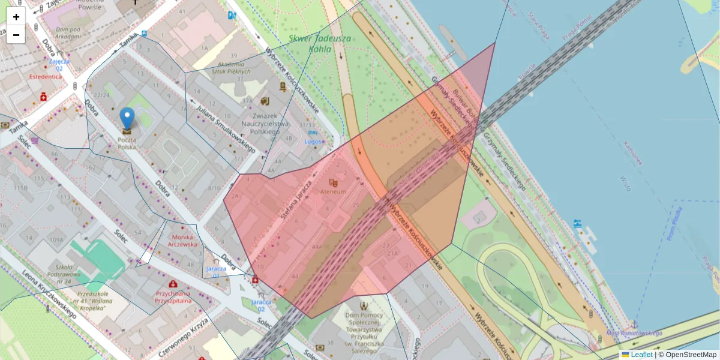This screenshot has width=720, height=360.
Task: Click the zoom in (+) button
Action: pos(16,17)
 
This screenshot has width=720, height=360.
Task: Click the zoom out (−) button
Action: pos(16,35)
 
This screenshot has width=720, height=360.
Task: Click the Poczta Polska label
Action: pos(127,143)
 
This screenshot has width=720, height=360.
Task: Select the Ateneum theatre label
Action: pos(334,191)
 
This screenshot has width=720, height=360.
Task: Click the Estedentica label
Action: pos(46,77)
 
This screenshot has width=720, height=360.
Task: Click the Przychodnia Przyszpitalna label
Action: pos(173,297)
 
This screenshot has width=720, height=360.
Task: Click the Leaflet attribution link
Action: pos(641,355)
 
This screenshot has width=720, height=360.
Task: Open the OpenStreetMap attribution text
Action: pos(691,355)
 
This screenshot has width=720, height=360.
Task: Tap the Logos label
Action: pos(313,142)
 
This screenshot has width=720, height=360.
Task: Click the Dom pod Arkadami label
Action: pos(68,32)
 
